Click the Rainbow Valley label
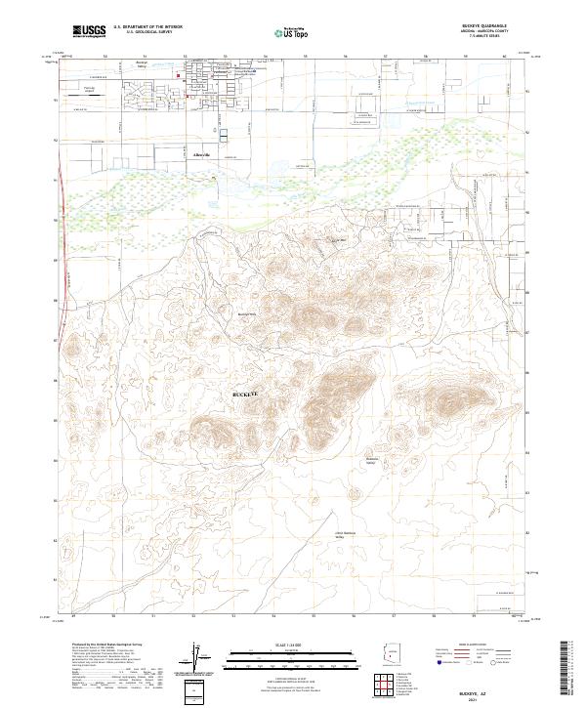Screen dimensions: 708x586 pos(371,460)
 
